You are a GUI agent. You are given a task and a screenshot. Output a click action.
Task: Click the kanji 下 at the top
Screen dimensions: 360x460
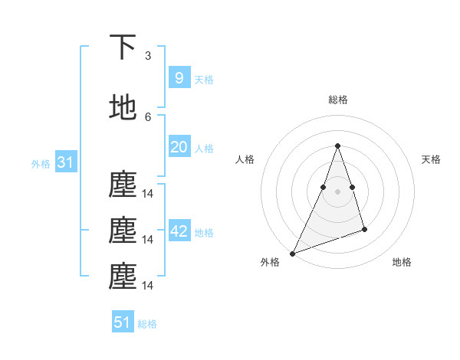click(x=123, y=47)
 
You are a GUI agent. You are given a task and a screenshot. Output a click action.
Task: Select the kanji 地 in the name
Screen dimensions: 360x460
click(x=123, y=108)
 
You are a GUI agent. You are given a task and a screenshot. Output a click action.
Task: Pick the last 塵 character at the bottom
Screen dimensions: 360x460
click(x=123, y=277)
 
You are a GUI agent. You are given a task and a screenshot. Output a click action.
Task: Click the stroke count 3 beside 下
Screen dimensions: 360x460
click(x=148, y=55)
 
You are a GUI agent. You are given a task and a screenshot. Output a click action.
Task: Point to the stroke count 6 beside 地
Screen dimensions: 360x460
click(x=148, y=116)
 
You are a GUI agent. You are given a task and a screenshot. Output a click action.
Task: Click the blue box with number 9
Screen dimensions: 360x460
click(x=179, y=78)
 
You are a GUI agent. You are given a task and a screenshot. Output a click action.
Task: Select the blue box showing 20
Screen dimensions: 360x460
click(x=179, y=147)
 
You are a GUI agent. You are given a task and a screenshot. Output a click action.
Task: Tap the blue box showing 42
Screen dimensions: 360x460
click(x=179, y=231)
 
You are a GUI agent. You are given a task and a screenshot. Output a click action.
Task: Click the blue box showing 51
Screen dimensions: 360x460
click(x=123, y=322)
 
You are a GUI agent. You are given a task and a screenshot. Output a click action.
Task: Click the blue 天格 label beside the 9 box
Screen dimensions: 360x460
click(x=204, y=80)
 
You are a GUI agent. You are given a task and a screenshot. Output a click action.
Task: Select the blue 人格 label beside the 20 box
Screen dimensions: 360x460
click(x=204, y=149)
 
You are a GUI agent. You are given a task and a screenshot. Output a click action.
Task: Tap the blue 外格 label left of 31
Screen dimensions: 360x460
click(x=41, y=164)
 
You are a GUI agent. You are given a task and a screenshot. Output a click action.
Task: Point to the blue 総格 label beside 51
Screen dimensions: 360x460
click(x=147, y=324)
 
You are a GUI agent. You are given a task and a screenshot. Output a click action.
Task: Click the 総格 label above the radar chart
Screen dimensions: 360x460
click(x=337, y=100)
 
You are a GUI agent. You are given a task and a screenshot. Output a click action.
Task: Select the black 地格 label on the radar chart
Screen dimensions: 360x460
click(x=402, y=262)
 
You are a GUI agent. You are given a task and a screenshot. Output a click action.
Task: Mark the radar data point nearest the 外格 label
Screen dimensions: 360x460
click(x=292, y=253)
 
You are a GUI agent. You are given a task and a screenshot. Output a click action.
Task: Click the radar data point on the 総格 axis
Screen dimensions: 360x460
click(x=337, y=146)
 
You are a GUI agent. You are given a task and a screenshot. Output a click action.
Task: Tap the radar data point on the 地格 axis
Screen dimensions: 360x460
click(x=364, y=229)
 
